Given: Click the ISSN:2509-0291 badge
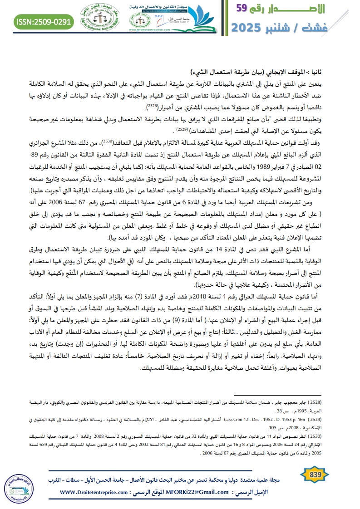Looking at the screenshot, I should point(44,21).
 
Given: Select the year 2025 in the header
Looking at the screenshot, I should point(250,28).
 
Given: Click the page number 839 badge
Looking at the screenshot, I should point(314,475).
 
